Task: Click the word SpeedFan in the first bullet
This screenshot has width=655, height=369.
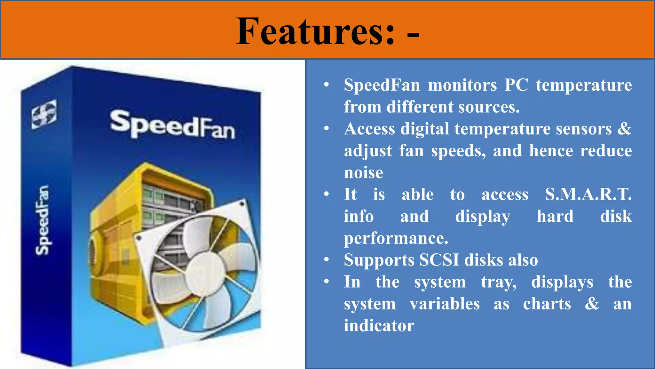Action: [x=382, y=85]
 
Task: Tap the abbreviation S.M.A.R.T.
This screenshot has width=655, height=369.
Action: [x=588, y=194]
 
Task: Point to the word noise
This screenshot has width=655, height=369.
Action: [x=363, y=173]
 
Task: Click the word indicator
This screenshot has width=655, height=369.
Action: [x=379, y=326]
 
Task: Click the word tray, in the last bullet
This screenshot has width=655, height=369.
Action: [x=499, y=282]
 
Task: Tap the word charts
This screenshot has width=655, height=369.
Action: [x=547, y=304]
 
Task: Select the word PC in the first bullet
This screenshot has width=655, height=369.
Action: [x=516, y=85]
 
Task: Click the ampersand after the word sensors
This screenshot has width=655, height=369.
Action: [x=624, y=128]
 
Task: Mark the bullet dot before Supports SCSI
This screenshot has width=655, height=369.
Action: [x=326, y=260]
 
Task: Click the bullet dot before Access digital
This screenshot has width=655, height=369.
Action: [x=326, y=129]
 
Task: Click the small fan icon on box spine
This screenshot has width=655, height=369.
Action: [x=44, y=114]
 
